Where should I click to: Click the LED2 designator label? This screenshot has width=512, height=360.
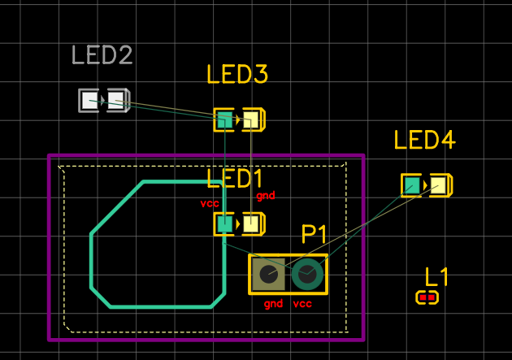(102, 55)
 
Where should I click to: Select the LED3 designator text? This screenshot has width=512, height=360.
(236, 75)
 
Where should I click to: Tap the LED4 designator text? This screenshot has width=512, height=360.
(423, 140)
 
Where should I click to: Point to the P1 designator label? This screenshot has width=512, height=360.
(314, 235)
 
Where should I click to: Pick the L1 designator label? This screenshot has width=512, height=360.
(437, 276)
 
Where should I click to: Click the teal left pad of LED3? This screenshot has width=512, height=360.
(224, 119)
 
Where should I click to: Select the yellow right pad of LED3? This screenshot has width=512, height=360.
(251, 119)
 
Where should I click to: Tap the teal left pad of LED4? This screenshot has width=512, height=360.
(412, 185)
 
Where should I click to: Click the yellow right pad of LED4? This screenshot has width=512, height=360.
(439, 185)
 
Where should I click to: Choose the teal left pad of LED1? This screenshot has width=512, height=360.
(224, 223)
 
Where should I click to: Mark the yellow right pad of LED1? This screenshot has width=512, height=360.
(251, 223)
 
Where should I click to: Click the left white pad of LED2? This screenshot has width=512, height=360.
(89, 100)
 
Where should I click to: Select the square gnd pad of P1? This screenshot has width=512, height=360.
(268, 275)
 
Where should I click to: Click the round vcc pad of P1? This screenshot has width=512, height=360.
(306, 275)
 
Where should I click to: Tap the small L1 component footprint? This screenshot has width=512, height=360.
(427, 297)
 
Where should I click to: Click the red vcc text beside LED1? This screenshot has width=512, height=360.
(210, 203)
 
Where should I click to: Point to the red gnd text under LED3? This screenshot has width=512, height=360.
(266, 196)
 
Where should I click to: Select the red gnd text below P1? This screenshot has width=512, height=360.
(273, 304)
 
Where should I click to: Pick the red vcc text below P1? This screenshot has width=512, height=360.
(302, 304)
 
